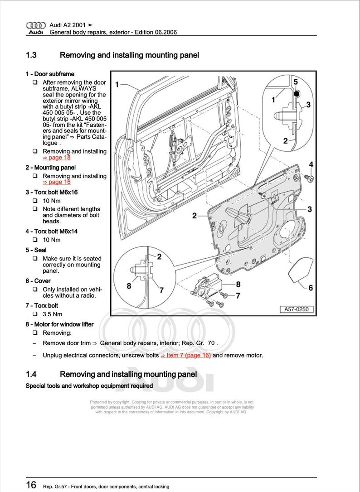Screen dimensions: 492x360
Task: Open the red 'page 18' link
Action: pyautogui.click(x=57, y=158)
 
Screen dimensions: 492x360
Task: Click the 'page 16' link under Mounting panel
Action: pyautogui.click(x=57, y=182)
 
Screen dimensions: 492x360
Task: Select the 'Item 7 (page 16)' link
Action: pyautogui.click(x=185, y=356)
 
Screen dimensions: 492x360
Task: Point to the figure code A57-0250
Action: pyautogui.click(x=296, y=309)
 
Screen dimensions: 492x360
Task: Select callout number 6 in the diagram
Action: pyautogui.click(x=310, y=288)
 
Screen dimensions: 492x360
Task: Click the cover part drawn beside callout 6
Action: pyautogui.click(x=300, y=270)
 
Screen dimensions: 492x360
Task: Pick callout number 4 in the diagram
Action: pyautogui.click(x=311, y=164)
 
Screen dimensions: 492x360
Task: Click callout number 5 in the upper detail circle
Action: pyautogui.click(x=295, y=82)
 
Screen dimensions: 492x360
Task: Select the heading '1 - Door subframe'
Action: pyautogui.click(x=50, y=74)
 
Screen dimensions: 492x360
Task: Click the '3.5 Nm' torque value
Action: pyautogui.click(x=52, y=314)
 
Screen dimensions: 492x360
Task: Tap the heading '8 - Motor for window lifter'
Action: pyautogui.click(x=59, y=324)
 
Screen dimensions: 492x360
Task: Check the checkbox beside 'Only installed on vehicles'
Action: pyautogui.click(x=35, y=289)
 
